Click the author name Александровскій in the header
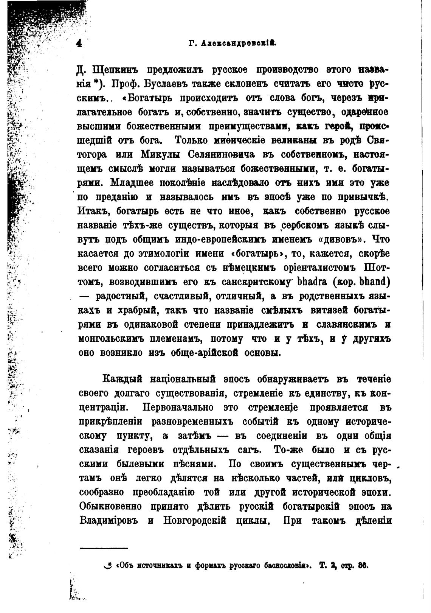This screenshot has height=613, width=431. pos(239,43)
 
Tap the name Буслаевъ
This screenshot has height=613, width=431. pos(183,84)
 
